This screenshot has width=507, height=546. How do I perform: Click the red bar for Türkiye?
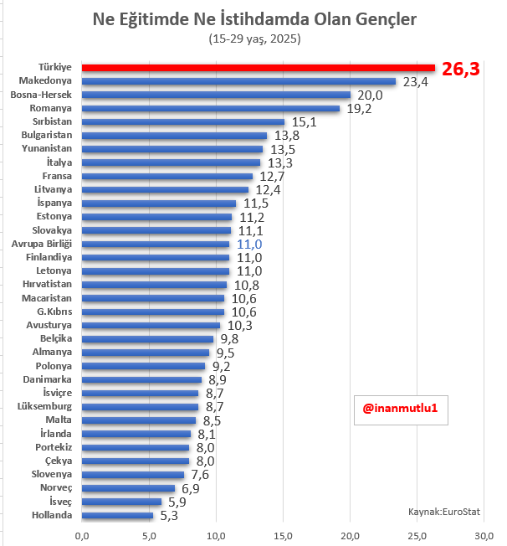click(x=259, y=68)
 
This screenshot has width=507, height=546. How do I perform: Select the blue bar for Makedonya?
click(x=238, y=81)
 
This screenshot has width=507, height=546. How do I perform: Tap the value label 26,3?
click(x=461, y=70)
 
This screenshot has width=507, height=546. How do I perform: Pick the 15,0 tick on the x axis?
click(x=284, y=535)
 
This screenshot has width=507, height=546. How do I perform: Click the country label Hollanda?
click(x=52, y=515)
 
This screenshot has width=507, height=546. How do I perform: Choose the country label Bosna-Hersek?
click(x=42, y=95)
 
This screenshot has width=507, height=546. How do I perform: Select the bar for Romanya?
click(x=211, y=108)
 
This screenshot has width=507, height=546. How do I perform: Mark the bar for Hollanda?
click(x=117, y=515)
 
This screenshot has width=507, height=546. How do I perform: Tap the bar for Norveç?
click(x=128, y=487)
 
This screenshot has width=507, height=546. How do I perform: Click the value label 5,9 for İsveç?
click(x=178, y=502)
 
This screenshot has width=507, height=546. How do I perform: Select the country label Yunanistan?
click(x=47, y=149)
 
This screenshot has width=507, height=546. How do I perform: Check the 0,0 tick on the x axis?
click(x=82, y=535)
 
